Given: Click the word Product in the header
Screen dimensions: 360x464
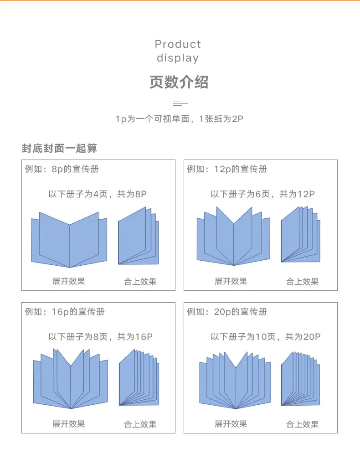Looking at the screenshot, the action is (178, 44).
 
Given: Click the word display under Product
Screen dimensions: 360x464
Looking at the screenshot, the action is (178, 58).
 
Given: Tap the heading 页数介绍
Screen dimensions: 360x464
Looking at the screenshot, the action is (179, 82).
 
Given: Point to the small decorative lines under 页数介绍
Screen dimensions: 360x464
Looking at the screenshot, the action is (180, 103).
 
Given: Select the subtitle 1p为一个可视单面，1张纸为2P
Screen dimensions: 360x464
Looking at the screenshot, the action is (179, 119).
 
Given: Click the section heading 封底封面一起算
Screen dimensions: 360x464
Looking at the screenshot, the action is (59, 148).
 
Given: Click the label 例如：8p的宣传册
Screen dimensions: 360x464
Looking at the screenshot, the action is (62, 169).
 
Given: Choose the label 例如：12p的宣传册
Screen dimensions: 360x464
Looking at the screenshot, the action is (227, 169).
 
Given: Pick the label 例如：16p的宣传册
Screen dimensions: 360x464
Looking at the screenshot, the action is (65, 312).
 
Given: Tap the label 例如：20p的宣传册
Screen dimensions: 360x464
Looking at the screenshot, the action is (227, 312).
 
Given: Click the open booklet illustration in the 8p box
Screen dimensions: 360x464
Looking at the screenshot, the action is (69, 240).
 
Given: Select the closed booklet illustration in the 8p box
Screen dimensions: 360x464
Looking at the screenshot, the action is (139, 236).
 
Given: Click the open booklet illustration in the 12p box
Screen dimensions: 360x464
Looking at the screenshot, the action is (233, 236).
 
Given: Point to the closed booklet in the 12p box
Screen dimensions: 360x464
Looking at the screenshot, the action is (301, 234).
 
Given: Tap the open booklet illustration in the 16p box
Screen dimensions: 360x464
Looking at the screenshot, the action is (70, 379).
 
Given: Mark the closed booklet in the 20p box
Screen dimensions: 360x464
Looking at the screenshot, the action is (301, 378).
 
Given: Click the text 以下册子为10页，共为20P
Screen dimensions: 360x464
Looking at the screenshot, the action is (266, 337).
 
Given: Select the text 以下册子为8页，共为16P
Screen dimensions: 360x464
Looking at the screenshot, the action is (101, 337).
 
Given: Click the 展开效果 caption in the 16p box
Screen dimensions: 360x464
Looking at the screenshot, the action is (69, 424).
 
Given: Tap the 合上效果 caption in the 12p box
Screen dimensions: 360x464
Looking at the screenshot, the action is (302, 281).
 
